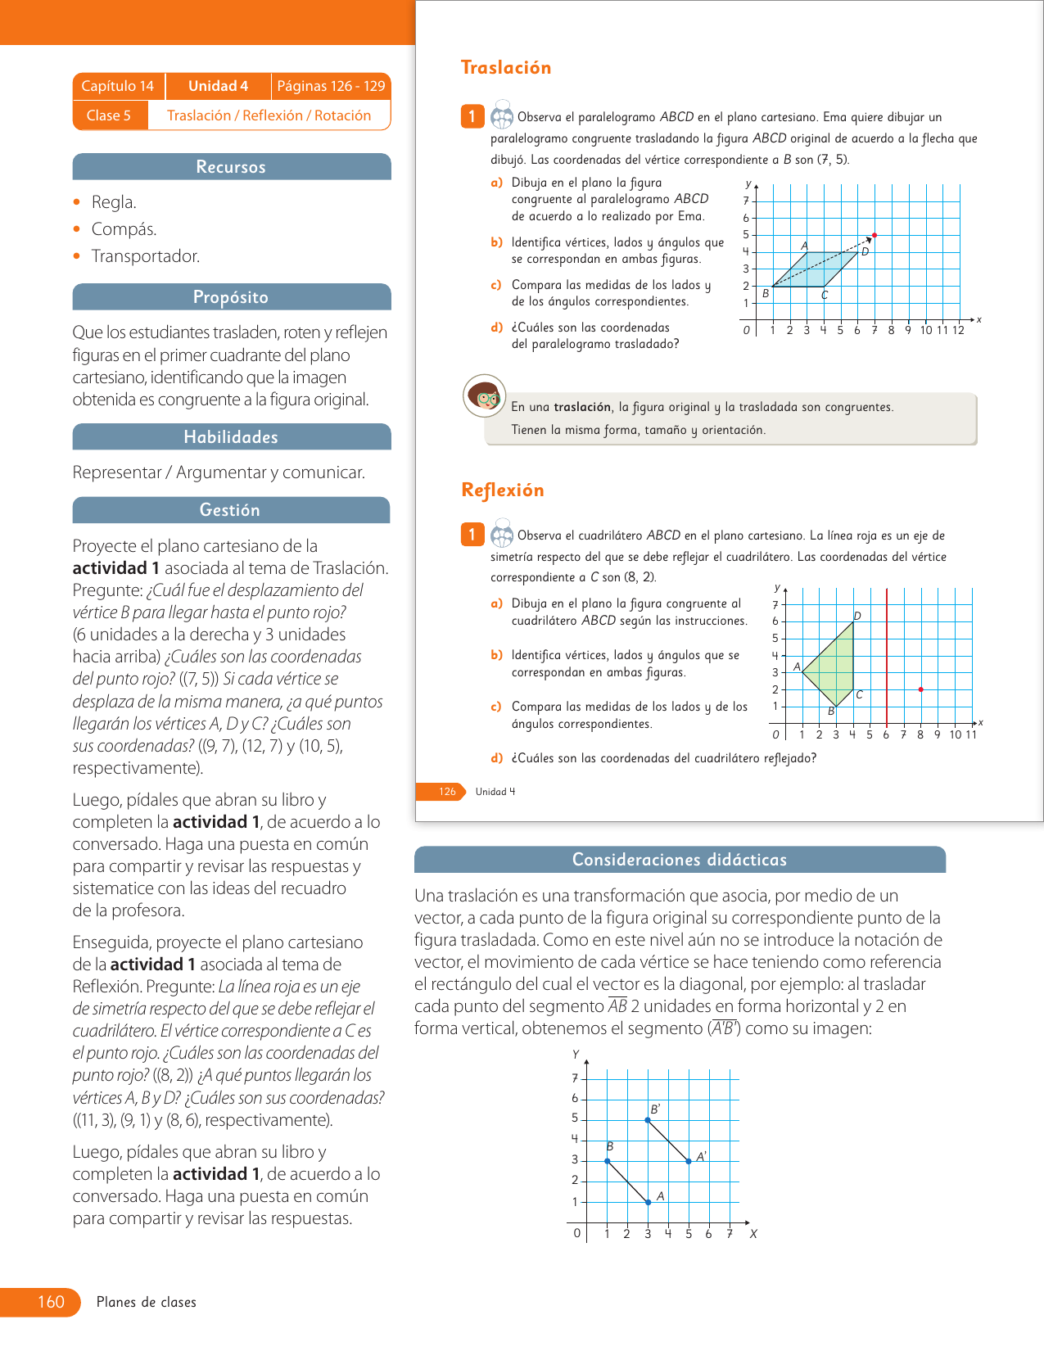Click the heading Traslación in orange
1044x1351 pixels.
[x=505, y=68]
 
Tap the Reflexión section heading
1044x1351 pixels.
[x=502, y=490]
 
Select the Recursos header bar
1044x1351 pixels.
[x=231, y=167]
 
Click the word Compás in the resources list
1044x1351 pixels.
[x=124, y=229]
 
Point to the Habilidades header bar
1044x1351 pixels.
[x=231, y=437]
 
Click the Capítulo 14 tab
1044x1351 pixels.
[x=118, y=86]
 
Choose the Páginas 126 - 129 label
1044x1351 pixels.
[x=331, y=86]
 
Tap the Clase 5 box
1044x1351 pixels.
[x=109, y=115]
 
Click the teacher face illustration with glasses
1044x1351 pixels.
[x=484, y=396]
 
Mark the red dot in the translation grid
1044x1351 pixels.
[x=875, y=236]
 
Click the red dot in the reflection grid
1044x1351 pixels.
[x=921, y=689]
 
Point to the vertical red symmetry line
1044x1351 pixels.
[x=887, y=655]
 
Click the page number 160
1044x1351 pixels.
[x=51, y=1302]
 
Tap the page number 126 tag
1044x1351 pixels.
[x=447, y=792]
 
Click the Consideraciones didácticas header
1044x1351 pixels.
[x=680, y=860]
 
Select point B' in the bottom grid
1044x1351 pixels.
[x=648, y=1119]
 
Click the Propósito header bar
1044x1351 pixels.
[x=231, y=297]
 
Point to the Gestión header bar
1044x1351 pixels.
[x=230, y=510]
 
